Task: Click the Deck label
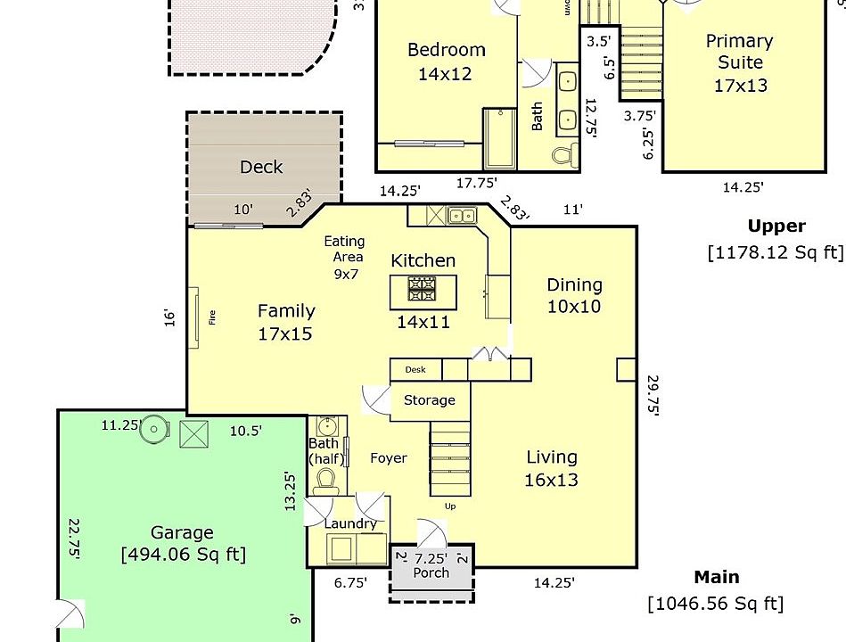coord(261,167)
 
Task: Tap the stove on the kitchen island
coord(422,288)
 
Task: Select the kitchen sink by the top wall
coord(461,215)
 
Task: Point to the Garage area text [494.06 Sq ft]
coord(183,555)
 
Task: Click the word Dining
coord(574,285)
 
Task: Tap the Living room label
coord(551,457)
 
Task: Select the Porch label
coord(431,572)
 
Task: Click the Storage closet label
coord(429,400)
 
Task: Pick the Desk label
coord(415,369)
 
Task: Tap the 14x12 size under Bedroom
coord(445,74)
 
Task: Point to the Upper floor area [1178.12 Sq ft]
coord(775,252)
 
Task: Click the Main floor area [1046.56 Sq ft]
coord(716,604)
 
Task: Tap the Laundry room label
coord(349,523)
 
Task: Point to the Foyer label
coord(389,458)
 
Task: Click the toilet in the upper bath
coord(563,155)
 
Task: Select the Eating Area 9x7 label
coord(343,257)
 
